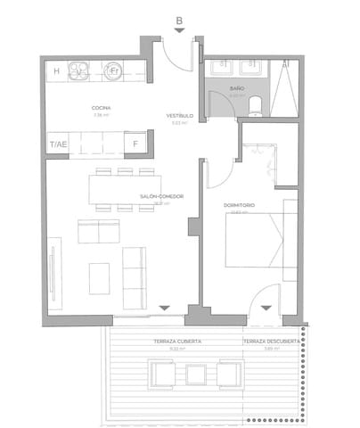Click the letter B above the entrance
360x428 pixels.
click(x=179, y=20)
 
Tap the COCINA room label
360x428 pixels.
click(x=100, y=109)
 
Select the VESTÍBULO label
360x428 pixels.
click(x=179, y=117)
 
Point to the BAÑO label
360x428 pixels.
click(x=236, y=89)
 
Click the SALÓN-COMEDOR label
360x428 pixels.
click(x=160, y=197)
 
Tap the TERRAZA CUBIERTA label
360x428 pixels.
click(x=176, y=342)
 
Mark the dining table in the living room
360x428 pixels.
click(x=123, y=189)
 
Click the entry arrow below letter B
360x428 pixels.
click(x=179, y=31)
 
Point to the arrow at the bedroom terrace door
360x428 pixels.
click(x=265, y=309)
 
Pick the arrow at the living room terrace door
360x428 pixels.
click(x=163, y=309)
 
